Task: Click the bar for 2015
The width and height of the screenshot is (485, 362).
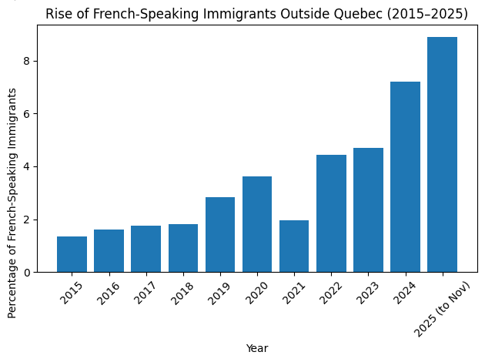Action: click(72, 254)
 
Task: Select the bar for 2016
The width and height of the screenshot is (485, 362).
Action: click(109, 251)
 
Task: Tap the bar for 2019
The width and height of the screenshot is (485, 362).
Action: click(220, 235)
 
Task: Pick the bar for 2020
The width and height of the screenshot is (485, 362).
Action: click(257, 224)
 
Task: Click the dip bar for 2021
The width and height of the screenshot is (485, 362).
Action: click(294, 246)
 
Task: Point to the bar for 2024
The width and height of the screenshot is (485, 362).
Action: click(405, 177)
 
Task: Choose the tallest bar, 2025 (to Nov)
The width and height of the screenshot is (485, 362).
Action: click(442, 154)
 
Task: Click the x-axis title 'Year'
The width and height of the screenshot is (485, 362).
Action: click(257, 348)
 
